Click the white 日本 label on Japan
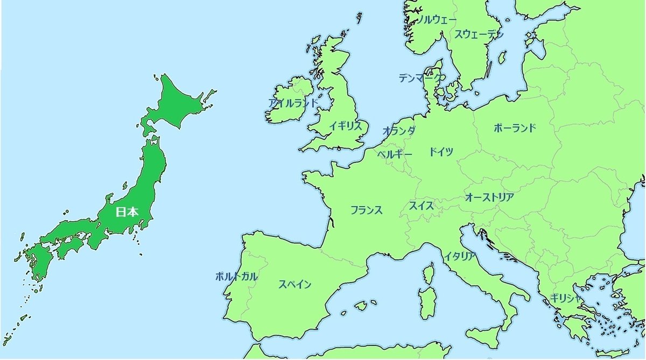128,212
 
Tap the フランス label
366,210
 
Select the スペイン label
294,285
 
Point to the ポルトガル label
236,277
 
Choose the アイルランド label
293,103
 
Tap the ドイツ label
441,152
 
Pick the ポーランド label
515,128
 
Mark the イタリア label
460,256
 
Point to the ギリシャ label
566,299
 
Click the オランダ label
399,131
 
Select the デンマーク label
422,78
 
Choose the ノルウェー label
437,20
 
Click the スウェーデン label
479,34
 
